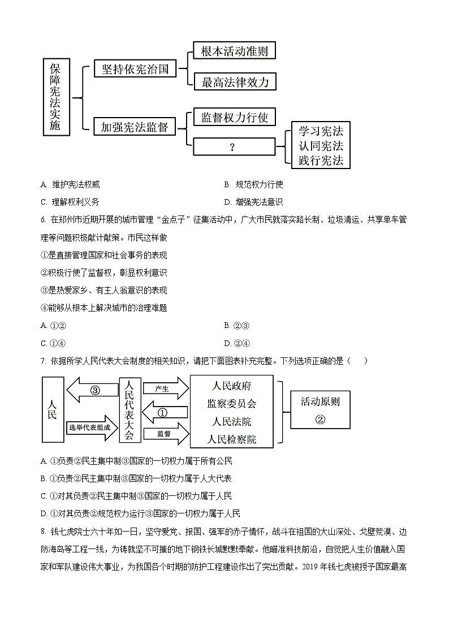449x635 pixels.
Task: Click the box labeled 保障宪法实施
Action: point(56,98)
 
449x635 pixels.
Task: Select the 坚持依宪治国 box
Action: point(135,69)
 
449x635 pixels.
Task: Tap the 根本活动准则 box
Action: point(234,51)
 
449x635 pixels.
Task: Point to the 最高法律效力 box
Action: point(234,82)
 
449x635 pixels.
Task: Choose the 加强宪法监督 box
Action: point(135,127)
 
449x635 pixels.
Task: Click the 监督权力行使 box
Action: point(234,117)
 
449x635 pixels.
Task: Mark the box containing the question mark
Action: point(232,147)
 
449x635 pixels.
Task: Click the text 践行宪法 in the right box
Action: point(321,160)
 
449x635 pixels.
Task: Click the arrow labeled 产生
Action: point(165,389)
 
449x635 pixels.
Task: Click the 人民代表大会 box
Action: point(130,409)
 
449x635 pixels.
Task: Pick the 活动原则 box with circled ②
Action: point(320,409)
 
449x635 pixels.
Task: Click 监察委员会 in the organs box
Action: point(232,404)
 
